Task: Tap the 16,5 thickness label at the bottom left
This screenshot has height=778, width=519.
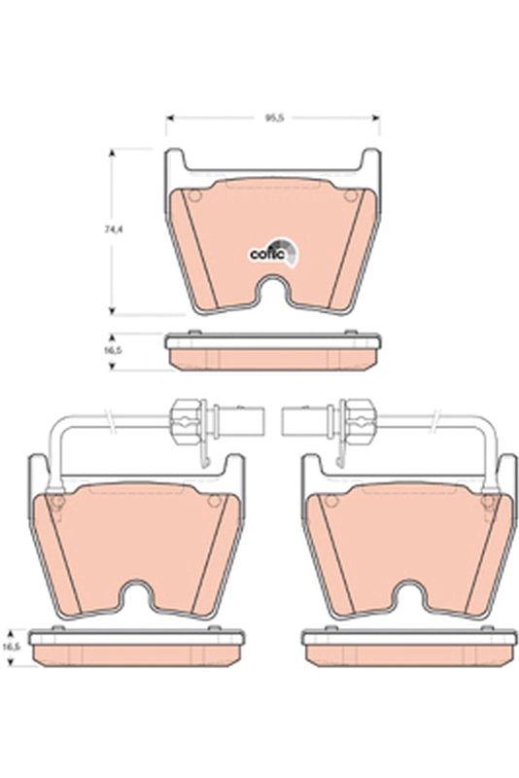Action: pyautogui.click(x=11, y=645)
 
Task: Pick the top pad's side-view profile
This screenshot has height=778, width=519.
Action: pyautogui.click(x=273, y=352)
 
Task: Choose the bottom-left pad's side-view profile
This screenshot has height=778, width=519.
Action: pyautogui.click(x=136, y=649)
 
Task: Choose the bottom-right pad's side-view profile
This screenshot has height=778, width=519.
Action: pyautogui.click(x=409, y=649)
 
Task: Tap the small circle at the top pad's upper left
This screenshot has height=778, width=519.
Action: pyautogui.click(x=192, y=197)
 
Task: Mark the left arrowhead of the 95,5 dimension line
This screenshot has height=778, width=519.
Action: pyautogui.click(x=169, y=117)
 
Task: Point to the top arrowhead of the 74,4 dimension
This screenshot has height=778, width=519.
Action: pyautogui.click(x=115, y=153)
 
